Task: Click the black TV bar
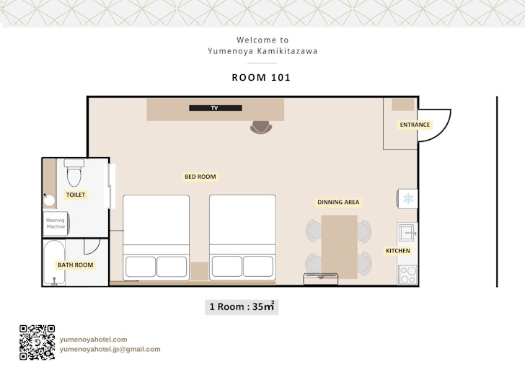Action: pyautogui.click(x=216, y=108)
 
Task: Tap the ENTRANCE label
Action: pyautogui.click(x=415, y=125)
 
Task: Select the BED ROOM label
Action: pyautogui.click(x=200, y=177)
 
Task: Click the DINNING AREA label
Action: pyautogui.click(x=338, y=202)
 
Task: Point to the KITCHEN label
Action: pyautogui.click(x=398, y=250)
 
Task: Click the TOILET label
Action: pyautogui.click(x=76, y=195)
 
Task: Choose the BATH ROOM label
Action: pyautogui.click(x=75, y=265)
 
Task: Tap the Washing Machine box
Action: pyautogui.click(x=56, y=223)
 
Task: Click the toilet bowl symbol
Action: pyautogui.click(x=74, y=173)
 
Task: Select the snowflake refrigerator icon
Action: pyautogui.click(x=408, y=198)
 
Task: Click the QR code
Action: pyautogui.click(x=37, y=342)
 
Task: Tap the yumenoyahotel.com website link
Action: pyautogui.click(x=94, y=339)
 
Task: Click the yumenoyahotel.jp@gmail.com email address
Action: pyautogui.click(x=110, y=349)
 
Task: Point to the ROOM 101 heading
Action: pyautogui.click(x=261, y=77)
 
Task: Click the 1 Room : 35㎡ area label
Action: pyautogui.click(x=242, y=306)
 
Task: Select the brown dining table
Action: pyautogui.click(x=339, y=247)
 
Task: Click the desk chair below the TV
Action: pyautogui.click(x=261, y=127)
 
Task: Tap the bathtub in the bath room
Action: pyautogui.click(x=54, y=262)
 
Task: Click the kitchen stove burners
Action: pyautogui.click(x=408, y=275)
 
